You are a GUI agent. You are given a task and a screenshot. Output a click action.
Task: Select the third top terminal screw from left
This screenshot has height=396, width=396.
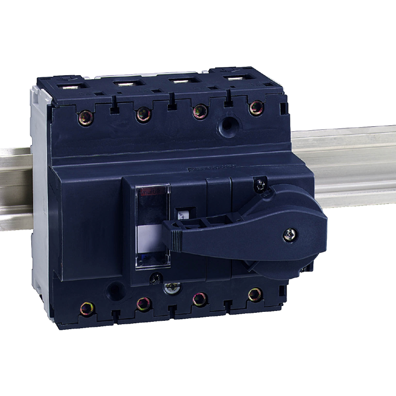(x=200, y=111)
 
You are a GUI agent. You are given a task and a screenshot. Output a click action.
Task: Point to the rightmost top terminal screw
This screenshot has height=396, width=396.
(x=256, y=107)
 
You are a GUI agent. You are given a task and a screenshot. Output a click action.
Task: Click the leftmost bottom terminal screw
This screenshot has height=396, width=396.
(x=87, y=308)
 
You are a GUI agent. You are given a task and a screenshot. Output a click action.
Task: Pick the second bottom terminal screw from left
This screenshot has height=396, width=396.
(x=144, y=303)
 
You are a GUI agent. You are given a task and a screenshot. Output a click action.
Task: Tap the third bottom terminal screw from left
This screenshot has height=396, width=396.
(x=200, y=298)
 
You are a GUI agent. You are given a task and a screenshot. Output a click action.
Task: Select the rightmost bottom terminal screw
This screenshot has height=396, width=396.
(x=255, y=294)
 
